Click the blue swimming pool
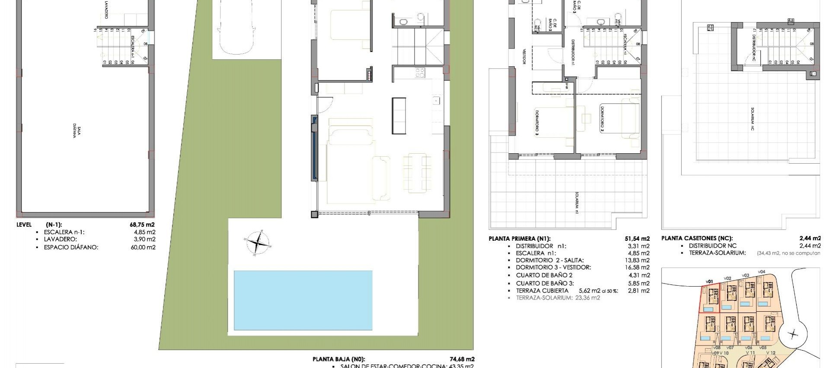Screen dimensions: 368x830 pos(303,300)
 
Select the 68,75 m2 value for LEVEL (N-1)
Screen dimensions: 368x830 pos(142,225)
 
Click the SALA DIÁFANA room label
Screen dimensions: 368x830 pos(77,132)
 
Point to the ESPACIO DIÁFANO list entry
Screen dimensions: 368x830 pos(71,247)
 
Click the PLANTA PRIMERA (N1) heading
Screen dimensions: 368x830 pos(519,239)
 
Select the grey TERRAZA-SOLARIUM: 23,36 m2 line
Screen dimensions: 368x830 pos(558,298)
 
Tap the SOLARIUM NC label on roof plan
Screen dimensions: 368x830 pos(753,119)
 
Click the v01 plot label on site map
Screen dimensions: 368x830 pos(709,282)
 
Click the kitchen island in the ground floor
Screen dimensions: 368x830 pos(399,115)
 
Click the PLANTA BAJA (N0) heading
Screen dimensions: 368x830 pos(338,359)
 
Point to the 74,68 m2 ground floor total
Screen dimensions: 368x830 pos(463,359)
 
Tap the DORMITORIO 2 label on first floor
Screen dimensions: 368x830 pos(601,119)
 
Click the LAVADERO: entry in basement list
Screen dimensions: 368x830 pos(61,239)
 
